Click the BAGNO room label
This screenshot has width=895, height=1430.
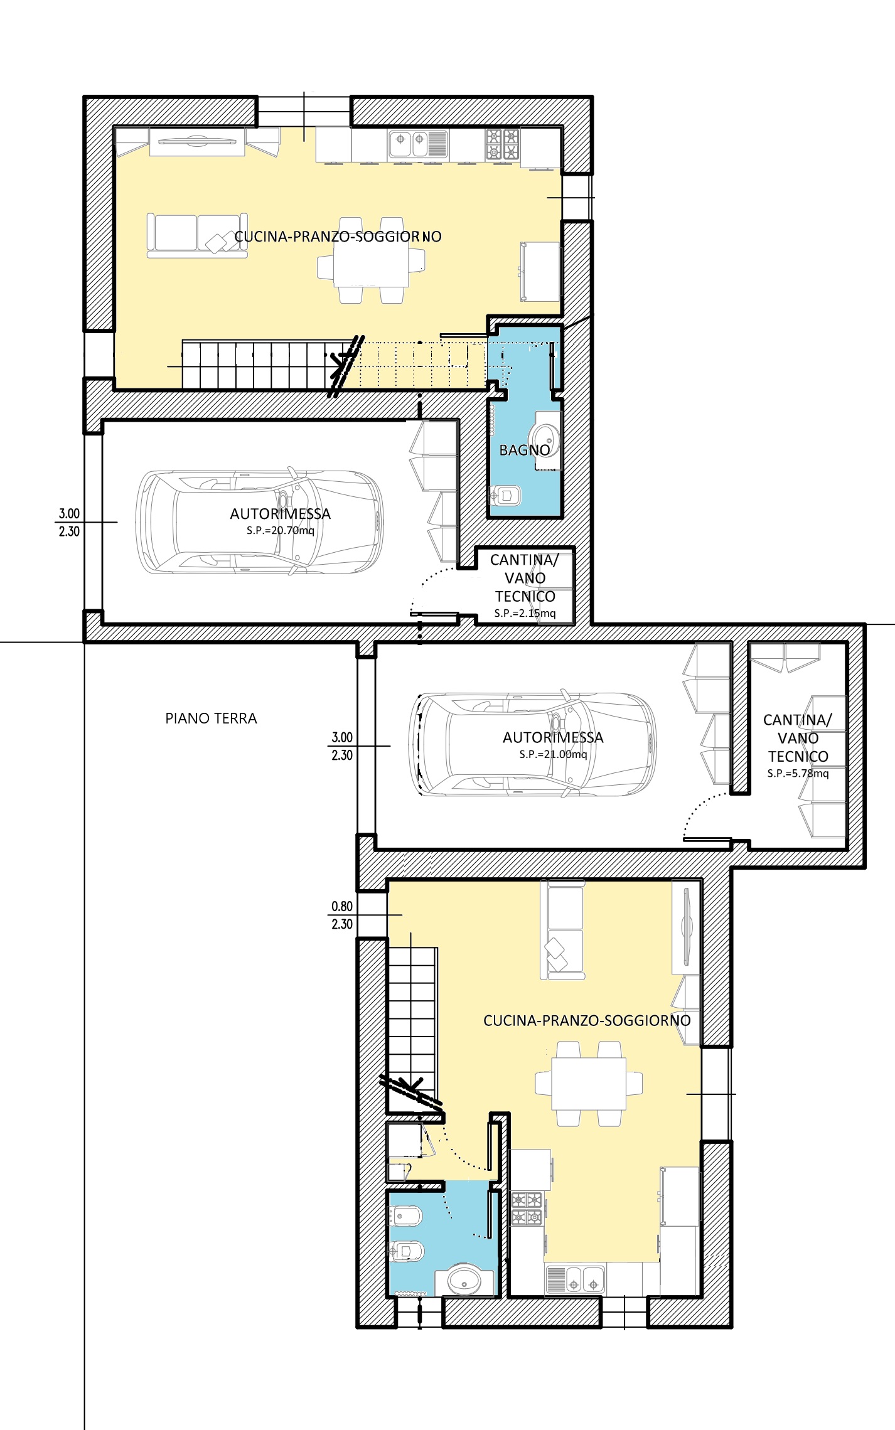pyautogui.click(x=525, y=450)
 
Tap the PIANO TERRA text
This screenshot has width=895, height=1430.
pyautogui.click(x=211, y=718)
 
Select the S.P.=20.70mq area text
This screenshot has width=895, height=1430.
pyautogui.click(x=280, y=531)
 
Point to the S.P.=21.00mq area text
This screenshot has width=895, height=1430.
pyautogui.click(x=553, y=754)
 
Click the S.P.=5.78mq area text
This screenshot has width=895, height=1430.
pyautogui.click(x=798, y=774)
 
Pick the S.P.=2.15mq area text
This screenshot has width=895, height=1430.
pyautogui.click(x=525, y=613)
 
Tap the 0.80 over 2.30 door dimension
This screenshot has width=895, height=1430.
pyautogui.click(x=342, y=915)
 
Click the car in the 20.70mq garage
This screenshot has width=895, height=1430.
pyautogui.click(x=260, y=521)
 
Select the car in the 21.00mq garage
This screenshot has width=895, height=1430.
pyautogui.click(x=533, y=745)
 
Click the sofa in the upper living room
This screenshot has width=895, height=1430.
pyautogui.click(x=197, y=235)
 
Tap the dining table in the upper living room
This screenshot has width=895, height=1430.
pyautogui.click(x=371, y=260)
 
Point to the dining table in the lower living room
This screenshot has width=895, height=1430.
pyautogui.click(x=589, y=1084)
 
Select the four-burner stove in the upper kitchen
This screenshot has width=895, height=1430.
pyautogui.click(x=502, y=144)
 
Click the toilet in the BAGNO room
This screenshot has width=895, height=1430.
pyautogui.click(x=505, y=496)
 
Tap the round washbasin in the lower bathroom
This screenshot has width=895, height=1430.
pyautogui.click(x=464, y=1281)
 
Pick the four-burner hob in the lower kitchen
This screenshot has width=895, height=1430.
pyautogui.click(x=527, y=1208)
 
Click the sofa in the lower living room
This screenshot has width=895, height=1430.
pyautogui.click(x=563, y=929)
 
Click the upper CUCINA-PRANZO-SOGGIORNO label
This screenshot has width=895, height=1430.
pyautogui.click(x=338, y=237)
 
